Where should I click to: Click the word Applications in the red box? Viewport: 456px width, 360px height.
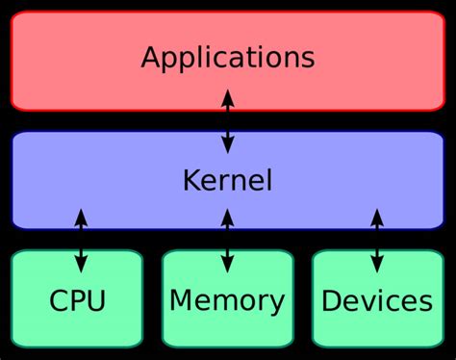click(227, 57)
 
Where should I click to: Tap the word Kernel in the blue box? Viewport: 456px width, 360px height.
click(227, 180)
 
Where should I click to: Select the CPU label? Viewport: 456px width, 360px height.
click(77, 301)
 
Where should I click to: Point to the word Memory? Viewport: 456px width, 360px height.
click(227, 301)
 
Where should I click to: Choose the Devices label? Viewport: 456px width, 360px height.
click(376, 301)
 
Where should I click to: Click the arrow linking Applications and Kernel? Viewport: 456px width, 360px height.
click(227, 120)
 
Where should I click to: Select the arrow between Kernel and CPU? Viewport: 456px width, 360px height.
click(81, 240)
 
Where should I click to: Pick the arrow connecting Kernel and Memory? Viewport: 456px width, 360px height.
click(227, 240)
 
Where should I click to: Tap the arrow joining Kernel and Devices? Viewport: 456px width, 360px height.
click(377, 240)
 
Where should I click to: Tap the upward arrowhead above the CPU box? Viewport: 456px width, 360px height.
click(81, 217)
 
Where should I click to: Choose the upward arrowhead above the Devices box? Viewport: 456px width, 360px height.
click(377, 217)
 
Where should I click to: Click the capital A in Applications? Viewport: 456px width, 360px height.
click(151, 57)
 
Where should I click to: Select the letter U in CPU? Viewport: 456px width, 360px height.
click(95, 301)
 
